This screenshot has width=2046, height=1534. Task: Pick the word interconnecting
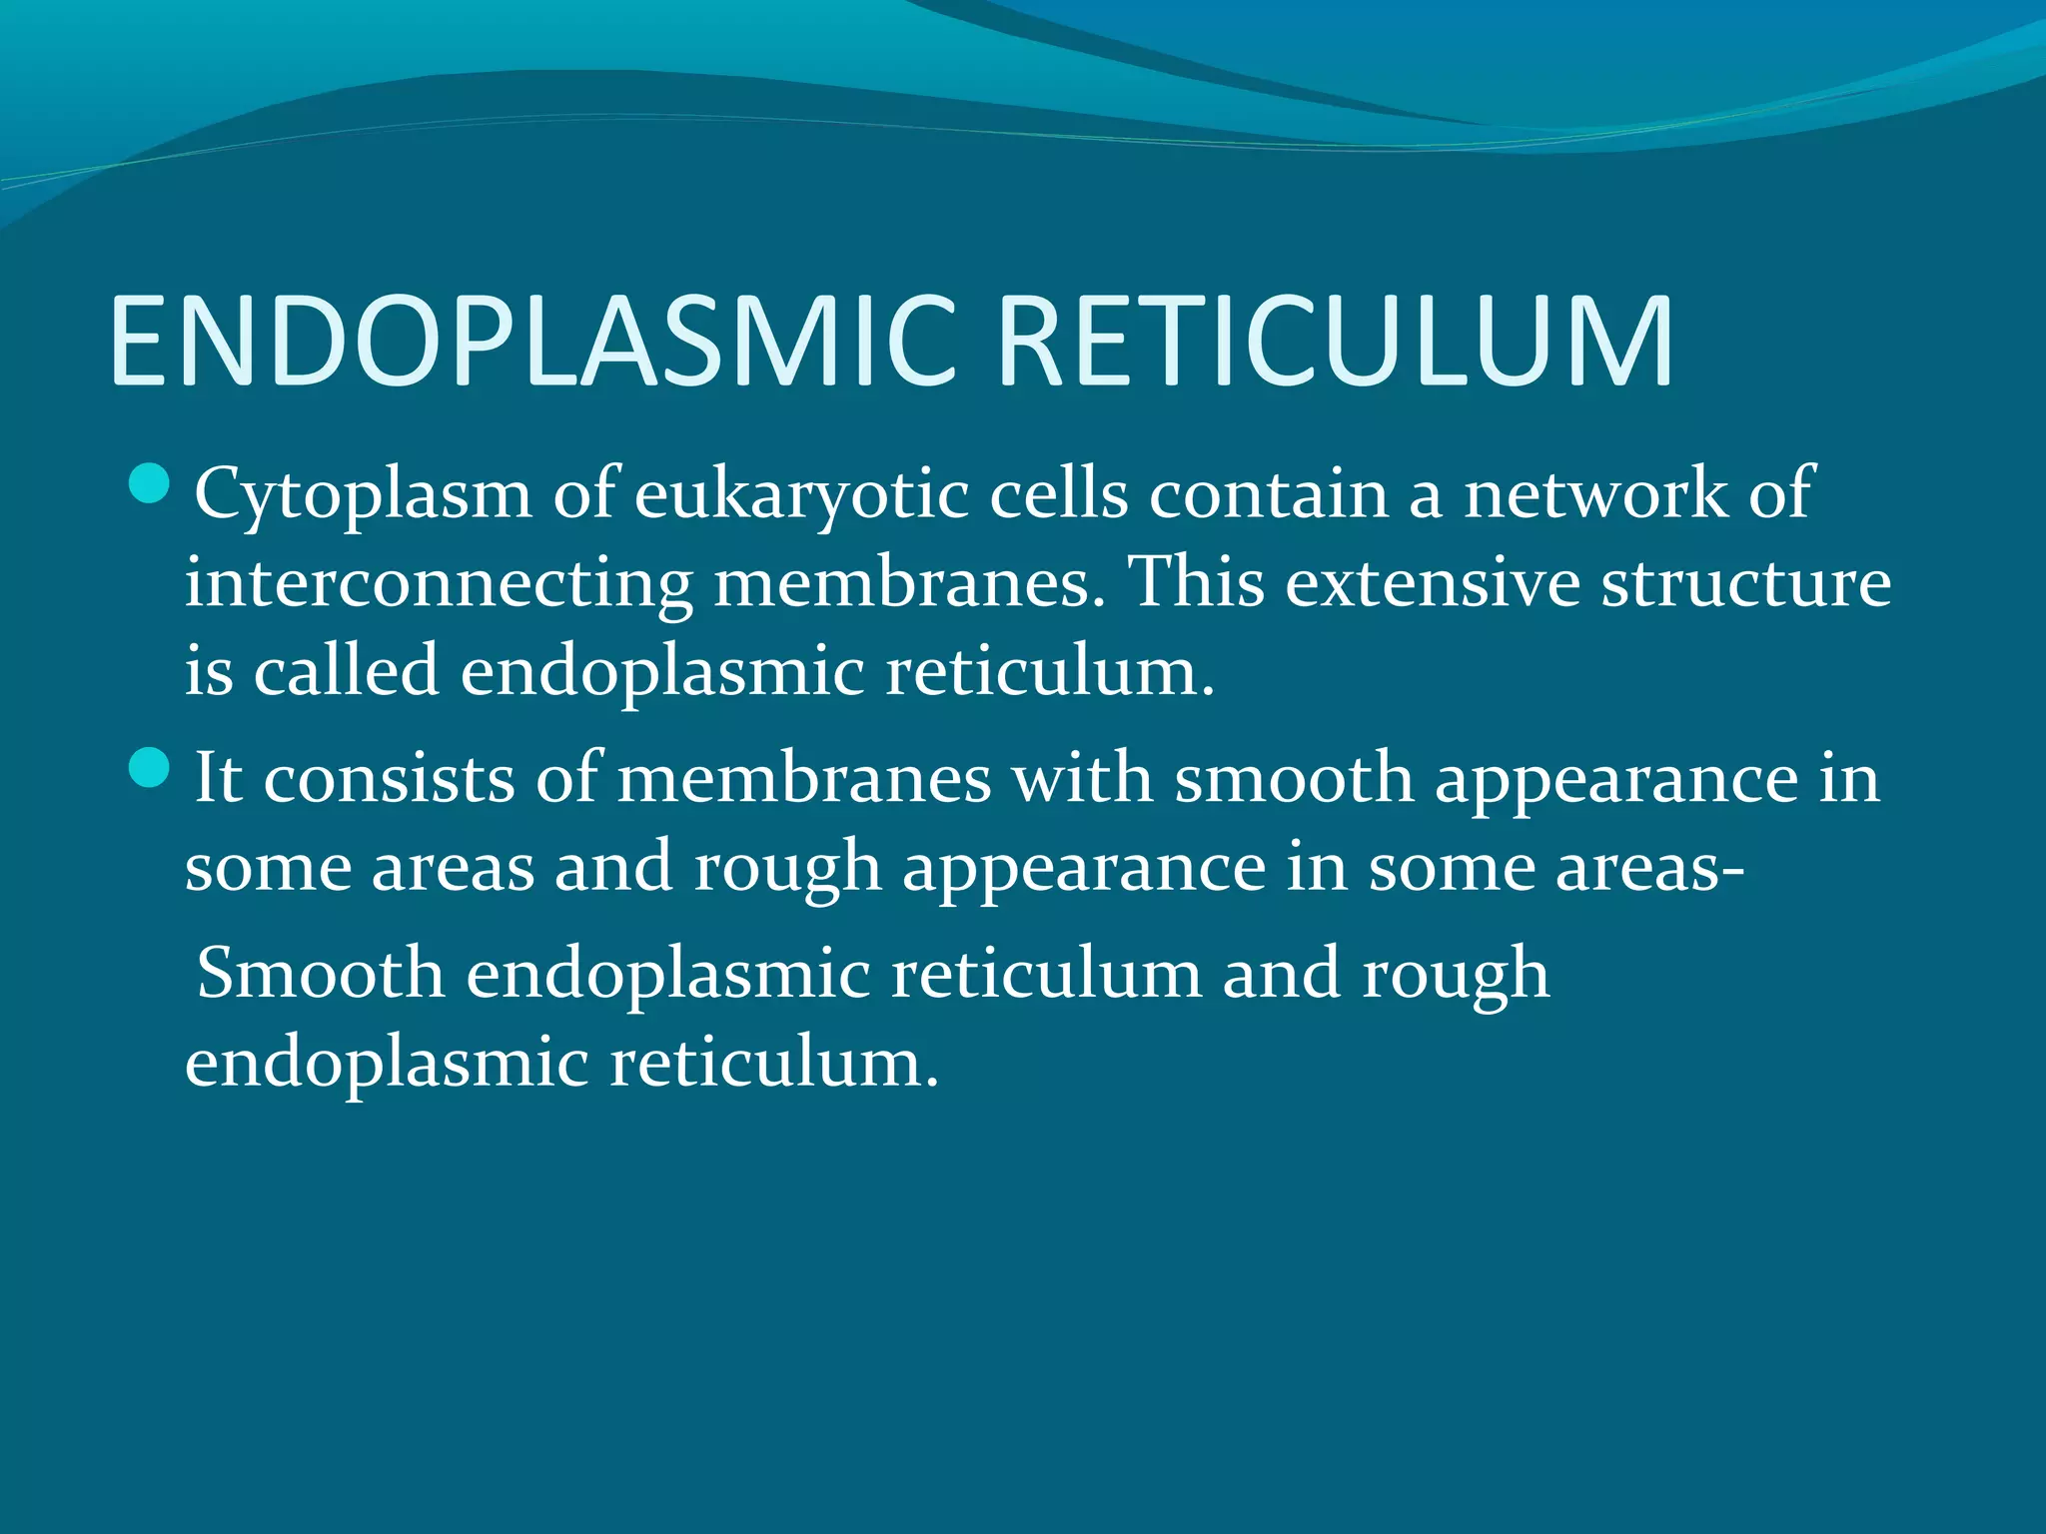439,583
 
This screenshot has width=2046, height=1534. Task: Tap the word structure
1746,583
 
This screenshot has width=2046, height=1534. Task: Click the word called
346,671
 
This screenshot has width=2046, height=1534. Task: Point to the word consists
389,779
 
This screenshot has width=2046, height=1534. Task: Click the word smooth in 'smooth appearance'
1293,779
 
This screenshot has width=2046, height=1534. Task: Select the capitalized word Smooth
320,974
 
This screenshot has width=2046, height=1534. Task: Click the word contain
1268,493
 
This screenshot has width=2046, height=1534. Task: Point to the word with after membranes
1082,779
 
